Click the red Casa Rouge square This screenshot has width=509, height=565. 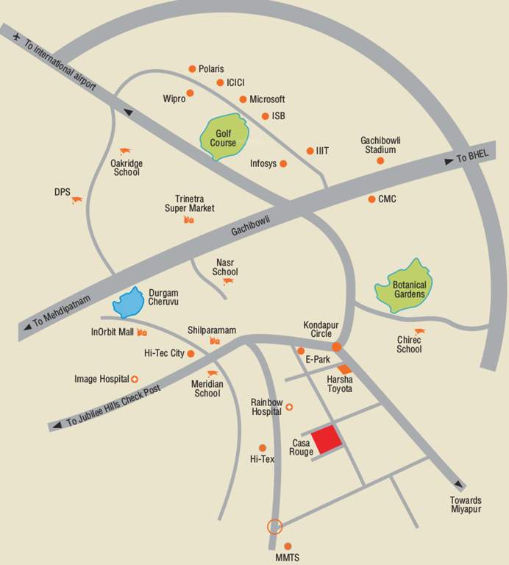click(x=327, y=440)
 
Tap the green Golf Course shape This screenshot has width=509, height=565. click(x=225, y=138)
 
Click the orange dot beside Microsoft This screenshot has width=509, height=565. click(x=243, y=99)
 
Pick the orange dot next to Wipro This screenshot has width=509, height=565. click(x=190, y=93)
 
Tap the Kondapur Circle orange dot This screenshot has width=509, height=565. click(x=336, y=347)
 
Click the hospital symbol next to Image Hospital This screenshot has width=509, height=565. click(x=135, y=379)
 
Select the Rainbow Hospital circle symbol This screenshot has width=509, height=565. click(x=289, y=407)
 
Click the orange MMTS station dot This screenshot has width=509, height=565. click(x=288, y=546)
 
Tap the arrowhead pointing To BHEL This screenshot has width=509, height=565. click(x=448, y=161)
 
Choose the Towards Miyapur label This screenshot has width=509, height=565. click(x=466, y=505)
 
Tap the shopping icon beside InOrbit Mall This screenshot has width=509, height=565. click(x=142, y=333)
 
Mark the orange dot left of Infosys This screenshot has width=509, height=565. click(x=283, y=164)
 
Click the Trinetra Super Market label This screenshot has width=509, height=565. click(x=190, y=203)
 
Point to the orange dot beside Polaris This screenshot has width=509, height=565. click(x=192, y=68)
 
